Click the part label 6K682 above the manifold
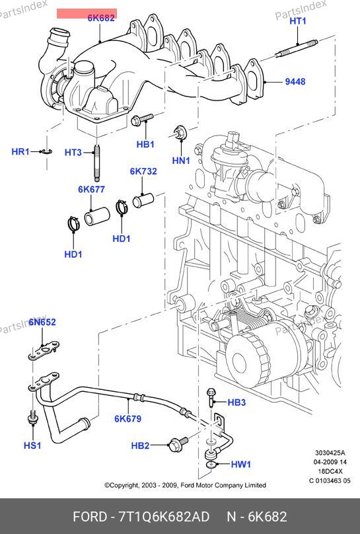coord(101,18)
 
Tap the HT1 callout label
coord(298,21)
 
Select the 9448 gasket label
coord(295,82)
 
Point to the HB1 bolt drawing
coord(142,119)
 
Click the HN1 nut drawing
coord(179,132)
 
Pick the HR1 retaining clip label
coord(20,151)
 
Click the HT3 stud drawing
coord(97,163)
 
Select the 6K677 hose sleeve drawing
coord(97,216)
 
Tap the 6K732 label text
coord(143,171)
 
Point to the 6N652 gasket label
coord(42,322)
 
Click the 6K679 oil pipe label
coord(128,418)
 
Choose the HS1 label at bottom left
coord(32,445)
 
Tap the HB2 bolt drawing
coord(178,443)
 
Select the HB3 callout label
coord(236,402)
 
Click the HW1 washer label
coord(241,464)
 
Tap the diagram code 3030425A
coord(330,453)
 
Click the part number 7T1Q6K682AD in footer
coord(164,517)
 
